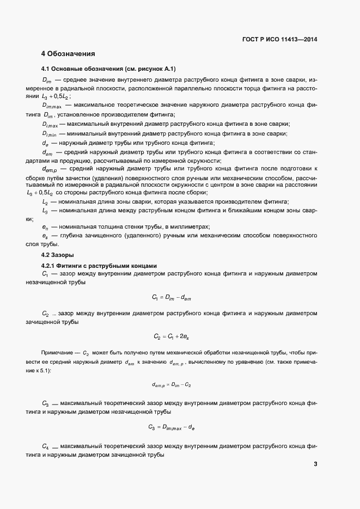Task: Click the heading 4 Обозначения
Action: pos(68,54)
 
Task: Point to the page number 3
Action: pos(316,464)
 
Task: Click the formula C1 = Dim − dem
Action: pos(172,297)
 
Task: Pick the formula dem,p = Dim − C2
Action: pos(172,384)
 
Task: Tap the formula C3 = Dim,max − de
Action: pos(172,427)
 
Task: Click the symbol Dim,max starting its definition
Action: pos(52,105)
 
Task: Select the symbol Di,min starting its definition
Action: pos(50,133)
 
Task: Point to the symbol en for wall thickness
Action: pos(45,226)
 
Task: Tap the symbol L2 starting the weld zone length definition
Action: pos(45,201)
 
